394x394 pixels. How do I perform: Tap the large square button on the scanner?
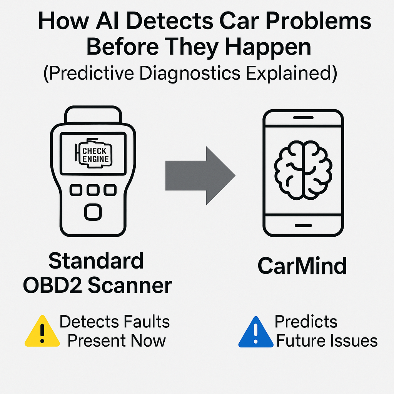pyautogui.click(x=93, y=212)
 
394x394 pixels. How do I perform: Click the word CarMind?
pyautogui.click(x=302, y=265)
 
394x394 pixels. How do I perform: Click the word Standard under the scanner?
pyautogui.click(x=96, y=261)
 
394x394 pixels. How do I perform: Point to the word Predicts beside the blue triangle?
pyautogui.click(x=306, y=322)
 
